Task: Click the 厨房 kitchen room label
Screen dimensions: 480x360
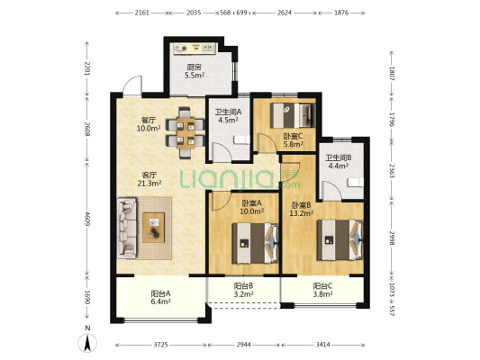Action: (x=195, y=67)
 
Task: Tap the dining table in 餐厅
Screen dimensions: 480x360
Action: (x=186, y=133)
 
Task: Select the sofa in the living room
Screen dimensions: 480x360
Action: (x=127, y=228)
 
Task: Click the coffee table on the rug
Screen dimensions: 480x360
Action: (x=154, y=228)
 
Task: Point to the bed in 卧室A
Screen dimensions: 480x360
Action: (x=255, y=243)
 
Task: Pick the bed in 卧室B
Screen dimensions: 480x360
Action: (x=340, y=240)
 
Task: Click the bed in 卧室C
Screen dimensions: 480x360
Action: (x=293, y=115)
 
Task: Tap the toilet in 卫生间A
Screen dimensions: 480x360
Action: (x=242, y=140)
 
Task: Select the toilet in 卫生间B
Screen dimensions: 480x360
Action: (x=356, y=183)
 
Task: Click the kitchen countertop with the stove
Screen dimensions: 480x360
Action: (x=195, y=49)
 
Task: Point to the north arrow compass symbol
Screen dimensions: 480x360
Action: (x=87, y=343)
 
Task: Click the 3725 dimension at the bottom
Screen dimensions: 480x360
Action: (x=160, y=345)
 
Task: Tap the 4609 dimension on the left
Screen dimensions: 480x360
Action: (x=88, y=219)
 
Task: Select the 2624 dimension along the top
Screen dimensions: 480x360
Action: (x=284, y=13)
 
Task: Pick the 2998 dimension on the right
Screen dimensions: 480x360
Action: (x=392, y=238)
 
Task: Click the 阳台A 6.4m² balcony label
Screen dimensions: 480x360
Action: (x=160, y=298)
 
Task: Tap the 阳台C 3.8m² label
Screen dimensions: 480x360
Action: (x=322, y=290)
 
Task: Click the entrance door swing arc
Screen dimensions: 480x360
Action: (x=132, y=85)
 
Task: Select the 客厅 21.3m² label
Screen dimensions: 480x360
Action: (x=149, y=179)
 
